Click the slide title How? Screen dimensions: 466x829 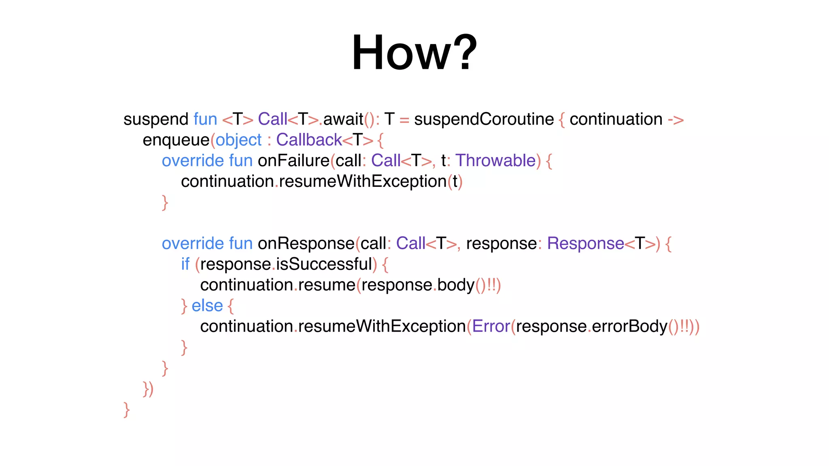coord(414,53)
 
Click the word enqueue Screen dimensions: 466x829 coord(176,140)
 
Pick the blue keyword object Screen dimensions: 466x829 coord(238,140)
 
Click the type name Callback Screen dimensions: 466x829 coord(309,140)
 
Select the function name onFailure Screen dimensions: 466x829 coord(293,161)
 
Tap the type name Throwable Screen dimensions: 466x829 coord(495,161)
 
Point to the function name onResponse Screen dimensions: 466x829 coord(306,244)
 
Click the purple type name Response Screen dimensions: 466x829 coord(585,244)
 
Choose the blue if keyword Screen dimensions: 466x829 coord(185,265)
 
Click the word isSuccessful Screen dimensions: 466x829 coord(324,265)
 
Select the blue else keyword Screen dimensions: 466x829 coord(207,306)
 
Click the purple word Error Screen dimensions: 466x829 coord(491,326)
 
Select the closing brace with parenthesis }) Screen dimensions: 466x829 coord(148,389)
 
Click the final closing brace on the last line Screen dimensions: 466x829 coord(126,409)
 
